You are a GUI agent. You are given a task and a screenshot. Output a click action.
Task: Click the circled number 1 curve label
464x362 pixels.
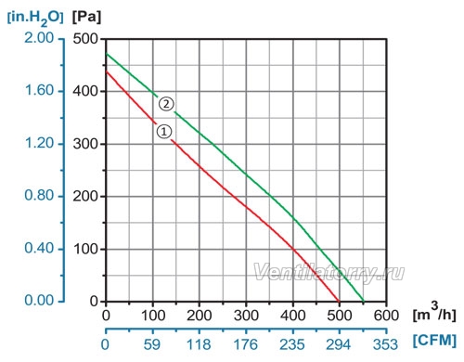[x=164, y=132]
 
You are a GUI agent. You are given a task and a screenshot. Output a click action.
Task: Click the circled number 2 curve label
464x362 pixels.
[x=166, y=104]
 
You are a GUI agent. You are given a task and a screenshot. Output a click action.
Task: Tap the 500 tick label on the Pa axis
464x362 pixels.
[x=85, y=39]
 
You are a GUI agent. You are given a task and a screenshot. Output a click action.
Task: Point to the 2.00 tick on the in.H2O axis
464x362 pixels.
[x=39, y=38]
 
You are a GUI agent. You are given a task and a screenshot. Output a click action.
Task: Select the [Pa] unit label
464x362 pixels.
[x=86, y=17]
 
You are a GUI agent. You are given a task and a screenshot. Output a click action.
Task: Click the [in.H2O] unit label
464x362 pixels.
[x=35, y=18]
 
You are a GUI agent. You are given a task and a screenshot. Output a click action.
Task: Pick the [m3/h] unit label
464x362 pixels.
[x=434, y=313]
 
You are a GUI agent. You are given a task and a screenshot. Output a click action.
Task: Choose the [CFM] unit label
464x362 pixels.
[x=435, y=341]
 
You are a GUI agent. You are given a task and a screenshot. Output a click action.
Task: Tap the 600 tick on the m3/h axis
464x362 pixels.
[x=386, y=316]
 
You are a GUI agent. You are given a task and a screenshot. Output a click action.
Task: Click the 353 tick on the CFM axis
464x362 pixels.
[x=385, y=344]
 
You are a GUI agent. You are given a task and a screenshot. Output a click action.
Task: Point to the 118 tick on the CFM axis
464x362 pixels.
[x=199, y=344]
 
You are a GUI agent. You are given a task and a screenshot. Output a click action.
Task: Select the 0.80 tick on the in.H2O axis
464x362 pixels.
[x=39, y=196]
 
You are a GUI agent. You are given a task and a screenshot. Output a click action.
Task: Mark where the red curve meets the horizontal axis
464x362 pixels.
[x=340, y=301]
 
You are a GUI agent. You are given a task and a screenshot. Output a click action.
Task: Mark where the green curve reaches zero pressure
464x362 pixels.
[x=364, y=301]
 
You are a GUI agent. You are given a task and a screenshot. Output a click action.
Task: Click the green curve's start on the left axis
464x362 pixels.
[x=106, y=54]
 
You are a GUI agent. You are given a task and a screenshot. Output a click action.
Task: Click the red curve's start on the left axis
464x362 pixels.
[x=106, y=71]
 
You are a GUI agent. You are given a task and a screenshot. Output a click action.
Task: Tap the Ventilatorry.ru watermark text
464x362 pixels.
[x=329, y=273]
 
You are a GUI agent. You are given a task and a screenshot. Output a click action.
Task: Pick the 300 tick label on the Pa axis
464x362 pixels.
[x=85, y=144]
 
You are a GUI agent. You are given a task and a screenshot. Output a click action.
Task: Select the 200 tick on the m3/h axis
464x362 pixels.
[x=200, y=316]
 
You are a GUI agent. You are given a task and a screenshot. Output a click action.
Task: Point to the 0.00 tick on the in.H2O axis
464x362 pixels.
[x=39, y=301]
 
